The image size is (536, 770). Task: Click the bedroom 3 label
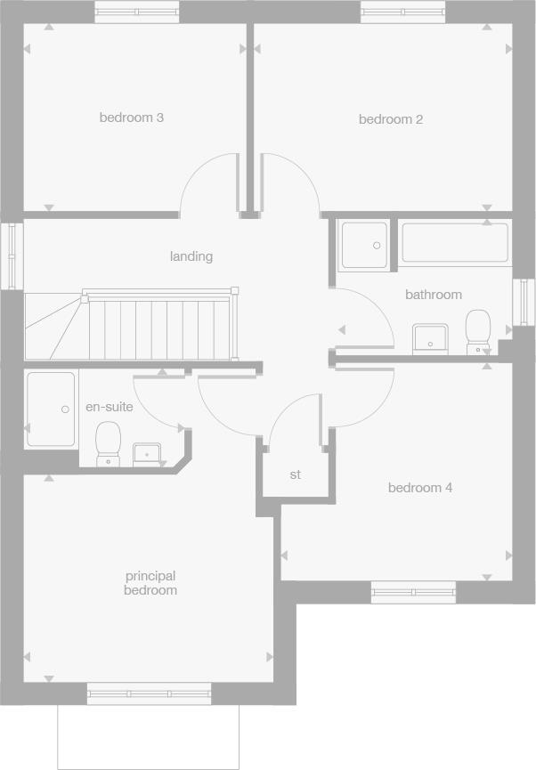[131, 118]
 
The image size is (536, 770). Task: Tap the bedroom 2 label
[390, 119]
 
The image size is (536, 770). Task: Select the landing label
[191, 256]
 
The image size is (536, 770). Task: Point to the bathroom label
[434, 295]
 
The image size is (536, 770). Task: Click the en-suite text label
[109, 407]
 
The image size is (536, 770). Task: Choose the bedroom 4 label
[420, 488]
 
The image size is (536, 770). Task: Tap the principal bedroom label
[150, 583]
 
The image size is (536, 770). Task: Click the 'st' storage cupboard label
[296, 474]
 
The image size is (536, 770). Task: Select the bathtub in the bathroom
[455, 243]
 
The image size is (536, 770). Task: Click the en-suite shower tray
[51, 409]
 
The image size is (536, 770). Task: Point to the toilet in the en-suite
[109, 442]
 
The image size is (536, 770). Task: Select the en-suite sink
[147, 454]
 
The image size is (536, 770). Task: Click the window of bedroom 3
[136, 12]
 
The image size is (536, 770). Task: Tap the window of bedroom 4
[413, 591]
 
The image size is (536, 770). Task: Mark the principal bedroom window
[149, 693]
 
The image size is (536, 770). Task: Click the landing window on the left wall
[11, 255]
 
